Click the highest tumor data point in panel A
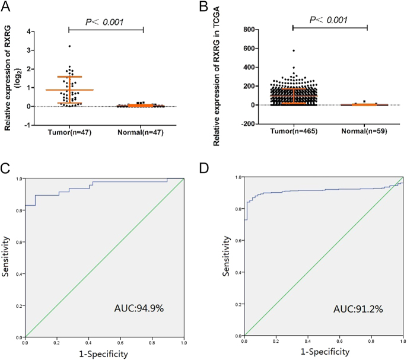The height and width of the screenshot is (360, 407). point(69,46)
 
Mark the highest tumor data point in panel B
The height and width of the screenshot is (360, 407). point(293,51)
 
